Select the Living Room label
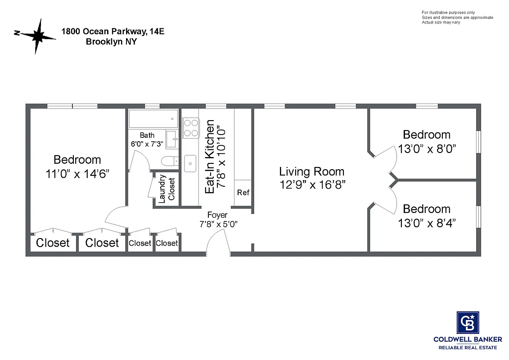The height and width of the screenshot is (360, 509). tap(311, 171)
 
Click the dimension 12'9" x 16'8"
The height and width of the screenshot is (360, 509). tap(311, 184)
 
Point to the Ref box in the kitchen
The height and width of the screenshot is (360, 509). tap(243, 193)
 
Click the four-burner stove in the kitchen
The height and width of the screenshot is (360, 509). tap(191, 127)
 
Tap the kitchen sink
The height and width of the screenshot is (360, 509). tap(190, 162)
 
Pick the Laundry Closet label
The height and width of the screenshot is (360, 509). tap(167, 188)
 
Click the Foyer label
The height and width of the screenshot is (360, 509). tap(217, 215)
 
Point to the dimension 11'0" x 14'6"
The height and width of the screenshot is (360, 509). tap(77, 174)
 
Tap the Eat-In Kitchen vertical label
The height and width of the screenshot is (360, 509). tap(210, 160)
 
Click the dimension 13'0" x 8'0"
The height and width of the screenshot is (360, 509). tap(427, 148)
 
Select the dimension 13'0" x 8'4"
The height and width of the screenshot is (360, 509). tap(427, 223)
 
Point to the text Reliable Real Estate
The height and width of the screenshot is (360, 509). tap(468, 348)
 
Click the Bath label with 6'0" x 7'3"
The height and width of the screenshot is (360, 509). tap(147, 139)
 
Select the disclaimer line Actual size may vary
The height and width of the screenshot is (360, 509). tap(441, 22)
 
